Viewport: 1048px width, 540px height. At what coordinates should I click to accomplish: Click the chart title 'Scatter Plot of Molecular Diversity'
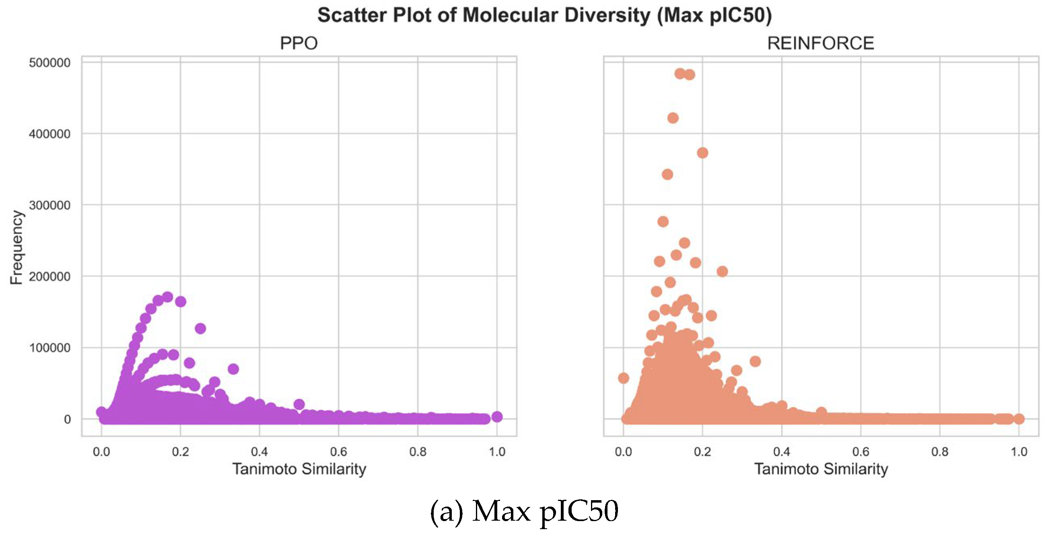(x=544, y=15)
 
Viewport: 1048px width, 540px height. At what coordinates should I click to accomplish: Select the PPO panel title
(x=299, y=43)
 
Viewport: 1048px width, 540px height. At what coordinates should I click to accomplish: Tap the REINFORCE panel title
(x=820, y=43)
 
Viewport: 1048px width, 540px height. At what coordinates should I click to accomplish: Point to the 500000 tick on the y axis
(x=49, y=63)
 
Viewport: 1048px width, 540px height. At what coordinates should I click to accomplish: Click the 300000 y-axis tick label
(x=49, y=205)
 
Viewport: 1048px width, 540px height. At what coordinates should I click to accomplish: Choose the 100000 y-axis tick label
(x=49, y=348)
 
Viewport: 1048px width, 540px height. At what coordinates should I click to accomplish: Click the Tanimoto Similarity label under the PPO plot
(x=299, y=469)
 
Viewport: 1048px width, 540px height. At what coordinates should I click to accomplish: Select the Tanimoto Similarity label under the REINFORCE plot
(x=821, y=469)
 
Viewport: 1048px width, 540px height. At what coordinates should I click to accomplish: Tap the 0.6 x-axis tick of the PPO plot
(x=338, y=451)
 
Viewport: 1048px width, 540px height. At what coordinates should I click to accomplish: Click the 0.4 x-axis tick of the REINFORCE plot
(x=781, y=451)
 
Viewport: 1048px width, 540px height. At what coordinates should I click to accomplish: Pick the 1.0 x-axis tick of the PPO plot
(x=496, y=451)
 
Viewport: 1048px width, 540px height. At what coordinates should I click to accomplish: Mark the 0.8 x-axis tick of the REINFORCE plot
(x=939, y=451)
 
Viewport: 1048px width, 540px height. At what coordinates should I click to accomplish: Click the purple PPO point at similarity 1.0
(x=497, y=416)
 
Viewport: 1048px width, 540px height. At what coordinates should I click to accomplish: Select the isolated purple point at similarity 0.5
(x=299, y=404)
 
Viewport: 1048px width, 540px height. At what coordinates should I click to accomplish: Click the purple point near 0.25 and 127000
(x=200, y=328)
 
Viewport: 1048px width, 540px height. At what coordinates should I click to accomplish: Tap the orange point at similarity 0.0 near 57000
(x=623, y=378)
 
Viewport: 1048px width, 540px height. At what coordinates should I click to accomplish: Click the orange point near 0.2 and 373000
(x=702, y=153)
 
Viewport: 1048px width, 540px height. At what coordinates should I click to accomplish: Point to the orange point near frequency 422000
(x=673, y=118)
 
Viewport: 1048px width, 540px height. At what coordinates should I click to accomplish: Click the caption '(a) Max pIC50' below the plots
(x=524, y=511)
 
